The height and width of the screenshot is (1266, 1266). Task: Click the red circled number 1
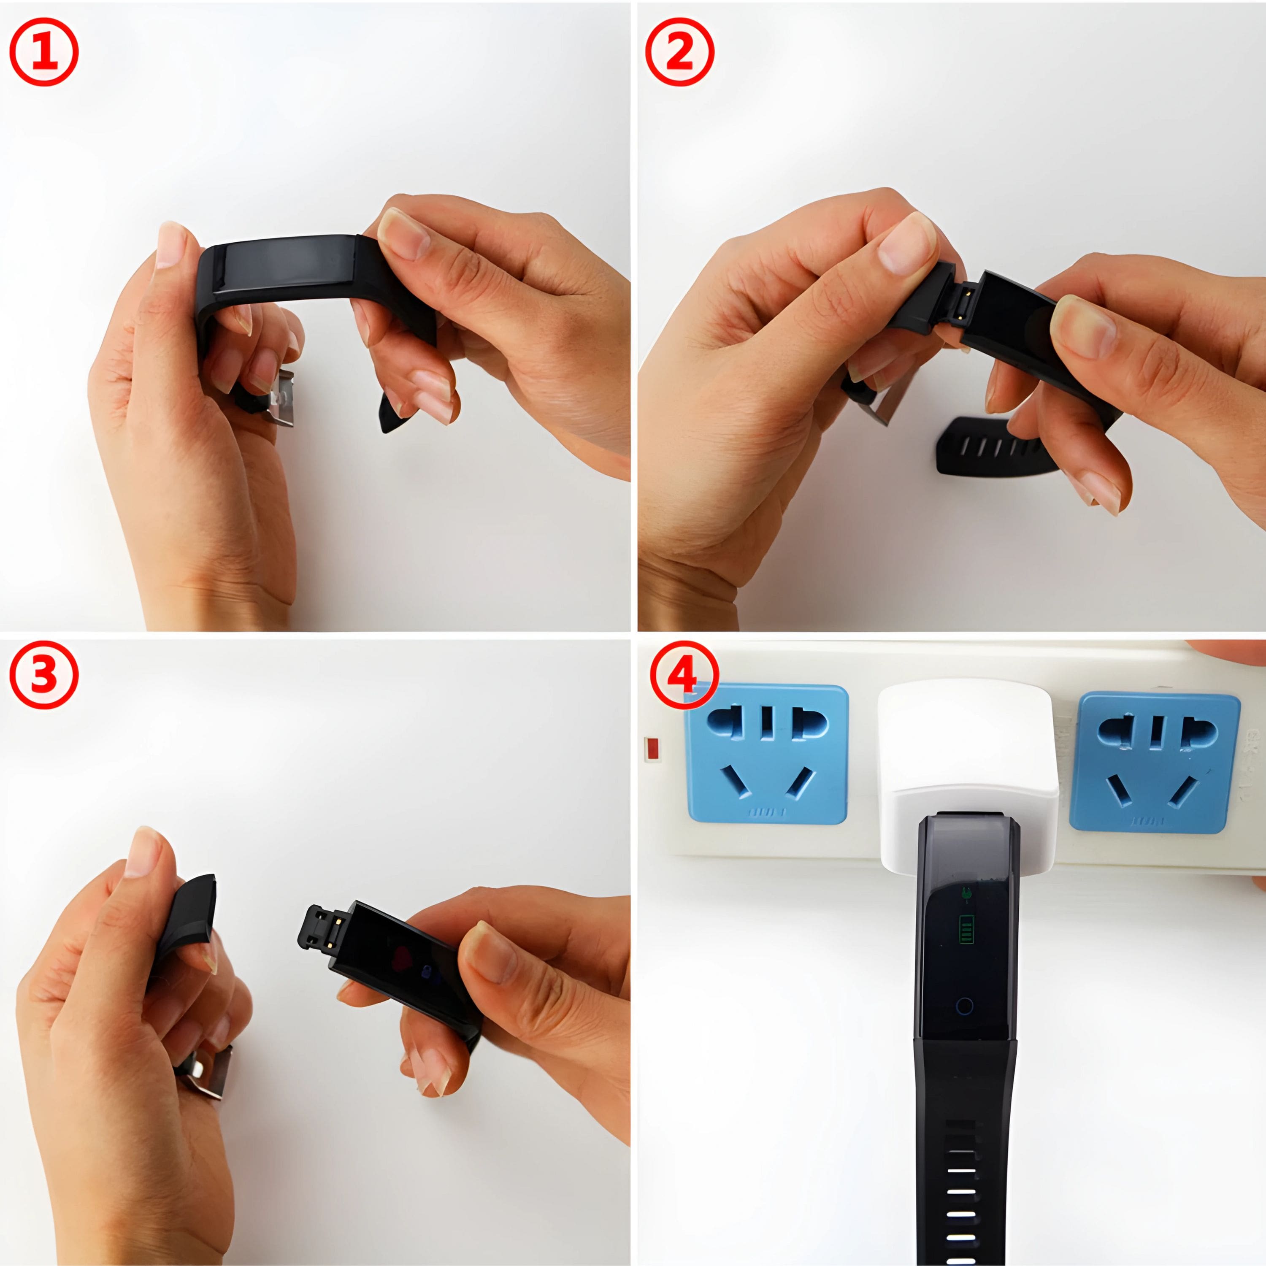coord(44,52)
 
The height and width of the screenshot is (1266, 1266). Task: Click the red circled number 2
coord(679,52)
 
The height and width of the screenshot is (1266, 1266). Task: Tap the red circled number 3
coord(44,675)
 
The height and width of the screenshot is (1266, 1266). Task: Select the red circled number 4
coord(684,675)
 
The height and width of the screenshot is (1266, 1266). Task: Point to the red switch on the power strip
coord(652,749)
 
